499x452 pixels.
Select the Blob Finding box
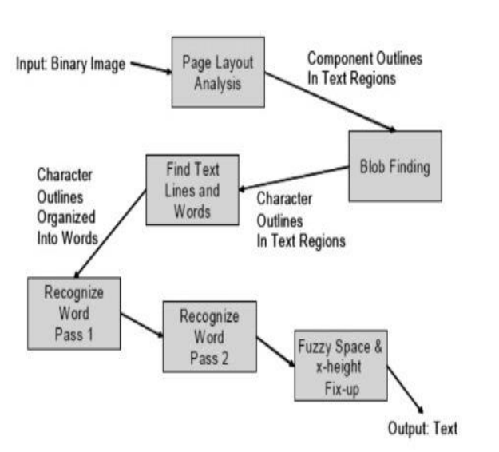pyautogui.click(x=394, y=166)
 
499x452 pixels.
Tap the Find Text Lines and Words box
pyautogui.click(x=192, y=191)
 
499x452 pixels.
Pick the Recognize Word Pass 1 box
pyautogui.click(x=73, y=312)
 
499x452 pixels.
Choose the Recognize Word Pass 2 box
pyautogui.click(x=209, y=335)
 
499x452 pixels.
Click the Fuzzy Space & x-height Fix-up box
pyautogui.click(x=340, y=364)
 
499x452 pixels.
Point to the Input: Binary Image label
pyautogui.click(x=70, y=64)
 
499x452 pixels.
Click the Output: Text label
pyautogui.click(x=423, y=429)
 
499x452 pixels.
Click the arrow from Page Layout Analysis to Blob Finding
pyautogui.click(x=331, y=102)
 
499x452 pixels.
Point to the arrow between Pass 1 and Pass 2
pyautogui.click(x=141, y=319)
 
